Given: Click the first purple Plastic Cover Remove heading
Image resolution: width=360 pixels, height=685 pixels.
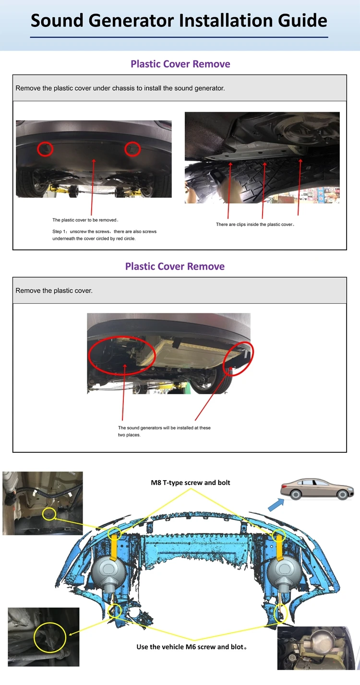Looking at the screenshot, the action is coord(180,64).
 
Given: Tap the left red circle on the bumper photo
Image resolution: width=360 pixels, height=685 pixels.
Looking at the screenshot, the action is coord(46,149).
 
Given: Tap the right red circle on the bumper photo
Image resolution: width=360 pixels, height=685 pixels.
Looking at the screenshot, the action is coord(132,149).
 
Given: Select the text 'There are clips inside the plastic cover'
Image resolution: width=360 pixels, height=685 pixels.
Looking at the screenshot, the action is coord(255,224).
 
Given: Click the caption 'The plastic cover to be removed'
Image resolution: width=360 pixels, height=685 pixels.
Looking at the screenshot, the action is coord(85,220).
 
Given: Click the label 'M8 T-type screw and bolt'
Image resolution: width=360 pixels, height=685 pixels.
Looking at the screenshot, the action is coord(191,483).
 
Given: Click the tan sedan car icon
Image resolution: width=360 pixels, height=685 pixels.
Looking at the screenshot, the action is coord(318,489).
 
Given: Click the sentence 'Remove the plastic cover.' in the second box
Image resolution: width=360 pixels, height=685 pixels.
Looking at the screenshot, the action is coord(54,291).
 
